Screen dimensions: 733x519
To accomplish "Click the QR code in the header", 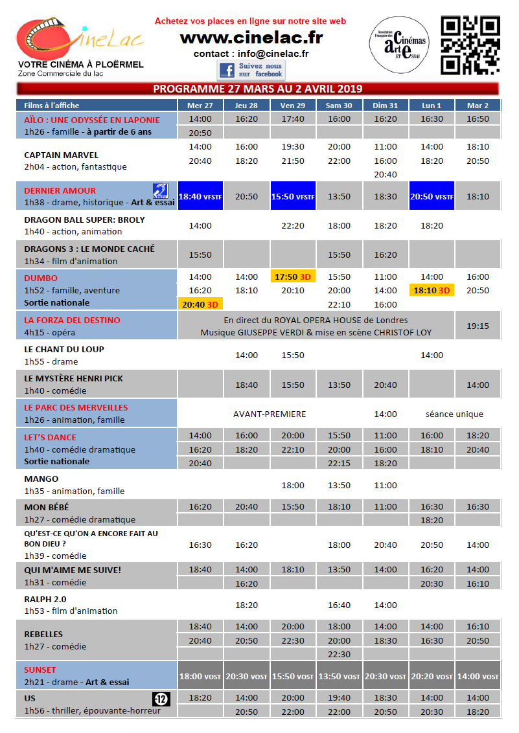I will click(x=471, y=45).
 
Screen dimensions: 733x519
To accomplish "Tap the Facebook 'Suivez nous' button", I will click(x=251, y=70).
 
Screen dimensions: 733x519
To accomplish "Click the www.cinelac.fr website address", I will click(x=251, y=38).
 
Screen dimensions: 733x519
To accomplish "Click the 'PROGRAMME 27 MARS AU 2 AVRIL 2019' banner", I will click(x=257, y=89).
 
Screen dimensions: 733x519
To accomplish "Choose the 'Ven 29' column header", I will click(x=293, y=106).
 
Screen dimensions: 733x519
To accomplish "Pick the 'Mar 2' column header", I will click(x=478, y=106).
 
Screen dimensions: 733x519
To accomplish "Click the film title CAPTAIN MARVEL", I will click(x=61, y=155).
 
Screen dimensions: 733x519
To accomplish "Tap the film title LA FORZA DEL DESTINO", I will click(x=72, y=320).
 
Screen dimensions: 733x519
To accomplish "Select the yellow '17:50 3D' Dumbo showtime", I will click(x=293, y=276).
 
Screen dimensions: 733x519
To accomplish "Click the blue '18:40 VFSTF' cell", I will click(x=200, y=196).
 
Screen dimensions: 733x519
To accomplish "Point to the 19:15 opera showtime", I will click(x=478, y=326).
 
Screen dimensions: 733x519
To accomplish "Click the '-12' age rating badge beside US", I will click(x=161, y=699).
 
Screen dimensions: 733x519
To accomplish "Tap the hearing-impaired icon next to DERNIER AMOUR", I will click(x=160, y=190).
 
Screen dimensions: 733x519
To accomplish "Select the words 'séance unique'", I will click(x=454, y=414).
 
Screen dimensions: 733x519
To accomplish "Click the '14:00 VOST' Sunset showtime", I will click(x=478, y=676).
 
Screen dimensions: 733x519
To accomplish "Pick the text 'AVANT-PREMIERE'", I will click(x=270, y=414).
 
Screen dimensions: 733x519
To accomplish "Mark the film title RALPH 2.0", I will click(x=45, y=599).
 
